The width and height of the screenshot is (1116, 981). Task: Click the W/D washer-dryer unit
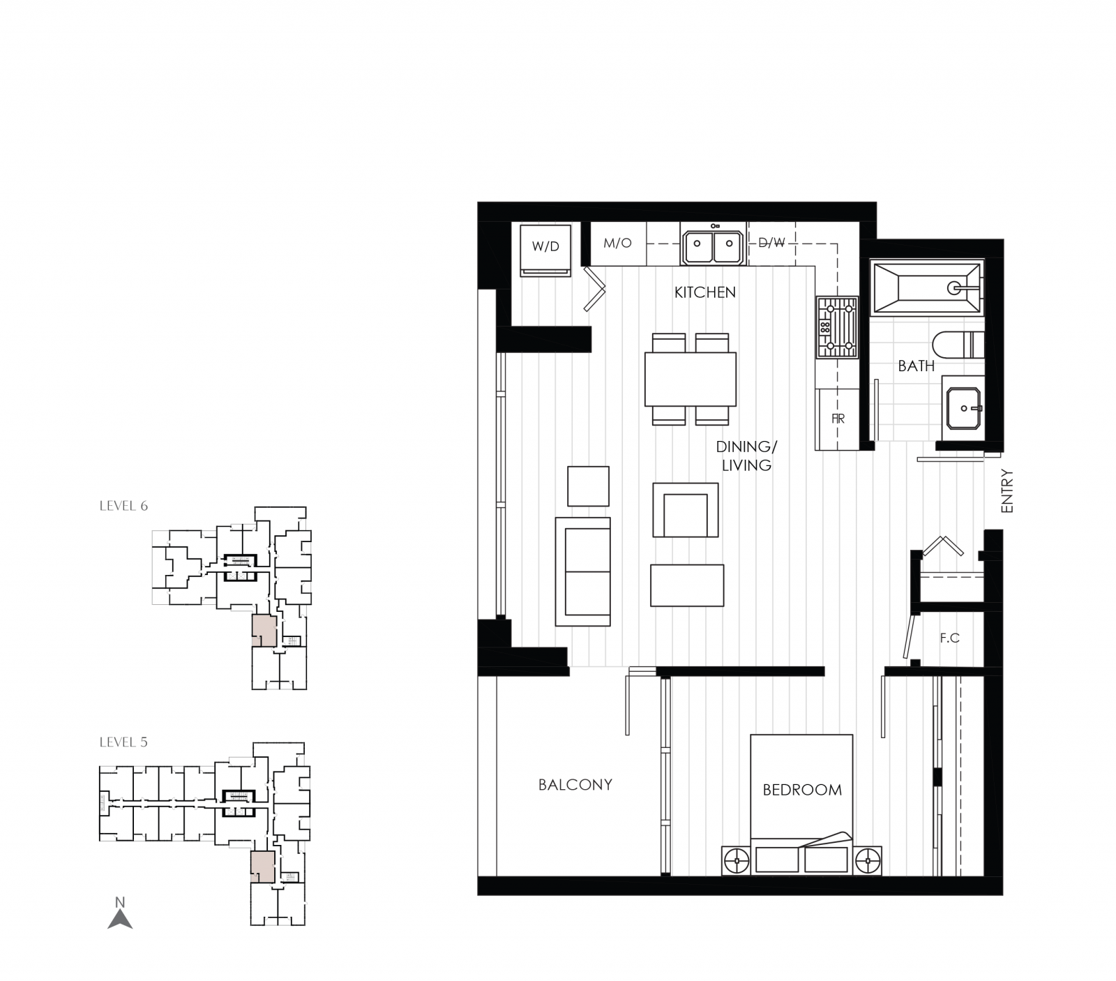pyautogui.click(x=545, y=250)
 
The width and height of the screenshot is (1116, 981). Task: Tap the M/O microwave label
pyautogui.click(x=617, y=243)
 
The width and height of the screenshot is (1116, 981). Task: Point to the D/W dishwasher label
pyautogui.click(x=771, y=243)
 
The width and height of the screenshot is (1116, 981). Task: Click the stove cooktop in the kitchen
pyautogui.click(x=837, y=327)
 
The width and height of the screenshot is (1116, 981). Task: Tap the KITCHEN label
pyautogui.click(x=704, y=292)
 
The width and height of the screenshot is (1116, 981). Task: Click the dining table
pyautogui.click(x=690, y=379)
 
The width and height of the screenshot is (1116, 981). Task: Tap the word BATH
pyautogui.click(x=916, y=366)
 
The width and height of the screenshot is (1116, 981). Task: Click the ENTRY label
pyautogui.click(x=1006, y=491)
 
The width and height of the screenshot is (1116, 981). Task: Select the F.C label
pyautogui.click(x=949, y=638)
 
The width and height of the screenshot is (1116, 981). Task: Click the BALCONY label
pyautogui.click(x=575, y=784)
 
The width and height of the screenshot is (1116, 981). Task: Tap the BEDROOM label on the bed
pyautogui.click(x=801, y=790)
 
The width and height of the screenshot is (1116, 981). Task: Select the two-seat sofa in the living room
pyautogui.click(x=583, y=571)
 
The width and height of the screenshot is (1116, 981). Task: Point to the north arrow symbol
pyautogui.click(x=120, y=916)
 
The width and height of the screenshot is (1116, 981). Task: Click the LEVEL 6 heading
pyautogui.click(x=123, y=506)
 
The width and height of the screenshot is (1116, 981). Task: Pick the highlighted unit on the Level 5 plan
pyautogui.click(x=262, y=867)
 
